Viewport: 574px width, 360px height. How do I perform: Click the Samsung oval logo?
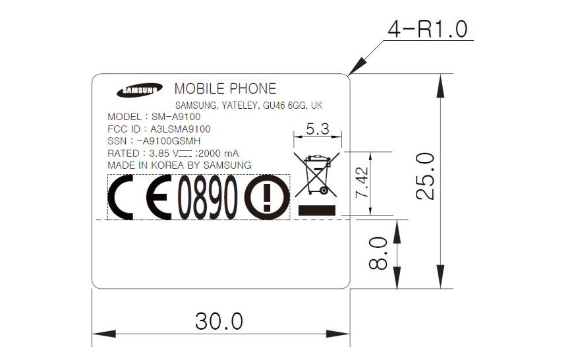(140, 90)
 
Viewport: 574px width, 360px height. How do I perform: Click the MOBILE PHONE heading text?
(225, 88)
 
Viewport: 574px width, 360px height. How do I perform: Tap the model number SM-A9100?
(176, 117)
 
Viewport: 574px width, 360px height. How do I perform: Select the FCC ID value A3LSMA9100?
(181, 129)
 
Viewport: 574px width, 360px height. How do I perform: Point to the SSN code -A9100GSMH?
(169, 141)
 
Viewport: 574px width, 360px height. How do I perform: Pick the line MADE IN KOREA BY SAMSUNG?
(179, 165)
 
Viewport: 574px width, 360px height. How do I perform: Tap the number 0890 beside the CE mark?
(208, 198)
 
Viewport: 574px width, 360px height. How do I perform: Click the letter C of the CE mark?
(120, 197)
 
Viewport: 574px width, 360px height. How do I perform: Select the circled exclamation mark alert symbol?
(267, 198)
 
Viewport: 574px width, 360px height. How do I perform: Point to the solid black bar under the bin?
(317, 210)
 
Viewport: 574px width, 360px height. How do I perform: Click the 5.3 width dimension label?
(318, 129)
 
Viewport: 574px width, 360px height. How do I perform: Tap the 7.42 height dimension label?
(362, 183)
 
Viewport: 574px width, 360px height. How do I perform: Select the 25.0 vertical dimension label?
(425, 176)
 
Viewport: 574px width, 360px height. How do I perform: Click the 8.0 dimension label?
(378, 253)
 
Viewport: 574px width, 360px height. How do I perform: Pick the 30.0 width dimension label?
(219, 321)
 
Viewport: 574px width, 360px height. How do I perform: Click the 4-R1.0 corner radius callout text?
(428, 29)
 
